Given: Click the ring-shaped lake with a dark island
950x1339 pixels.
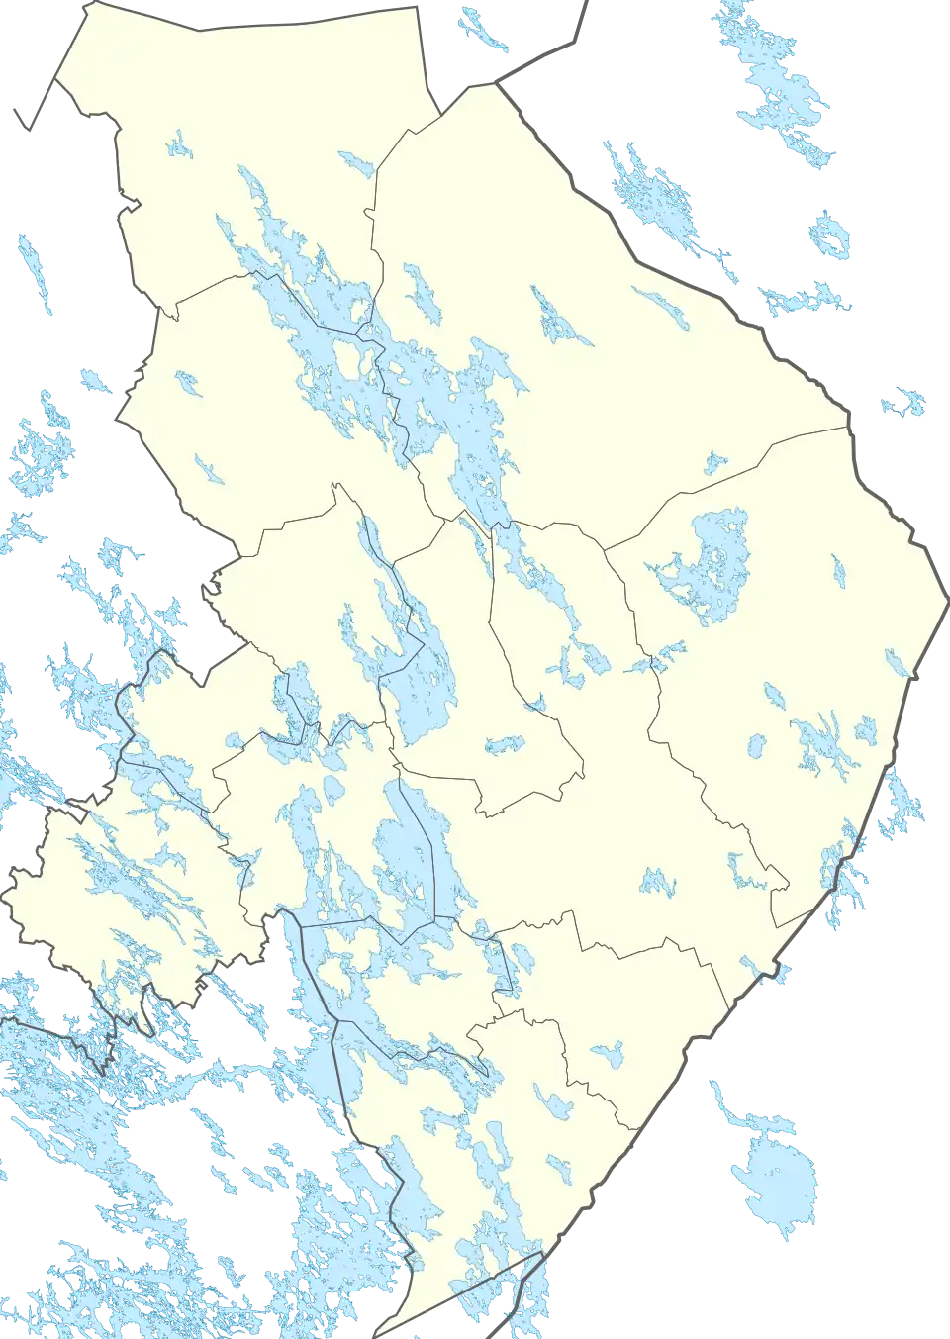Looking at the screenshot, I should pyautogui.click(x=830, y=236).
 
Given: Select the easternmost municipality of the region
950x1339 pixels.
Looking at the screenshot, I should pyautogui.click(x=792, y=643).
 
